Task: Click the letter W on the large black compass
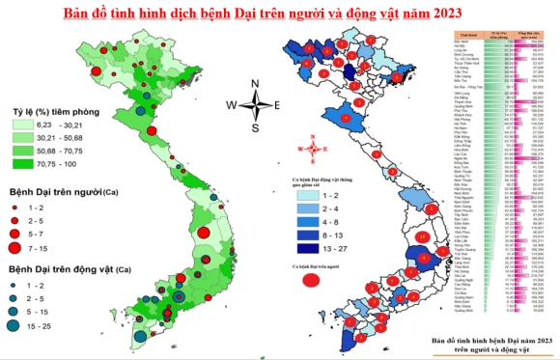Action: pyautogui.click(x=232, y=104)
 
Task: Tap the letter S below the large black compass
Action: pyautogui.click(x=255, y=127)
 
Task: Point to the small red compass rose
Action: pyautogui.click(x=307, y=148)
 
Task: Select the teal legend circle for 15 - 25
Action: pyautogui.click(x=18, y=324)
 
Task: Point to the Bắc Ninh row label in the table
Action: pyautogui.click(x=462, y=42)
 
